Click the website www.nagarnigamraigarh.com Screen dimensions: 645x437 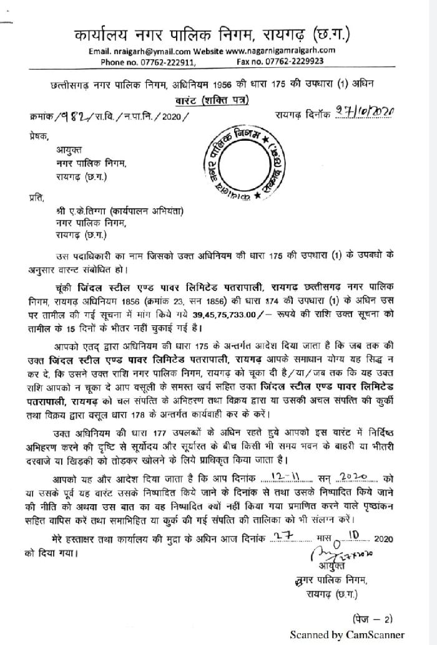(281, 50)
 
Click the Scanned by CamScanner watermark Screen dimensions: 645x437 (346, 634)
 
